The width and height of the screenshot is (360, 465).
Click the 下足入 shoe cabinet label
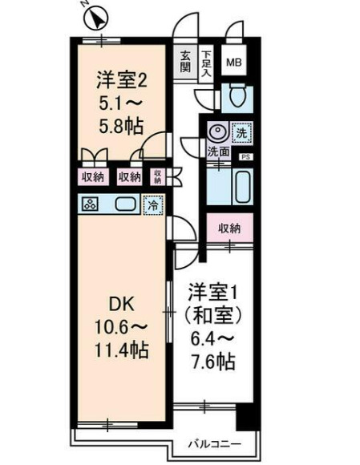pos(207,62)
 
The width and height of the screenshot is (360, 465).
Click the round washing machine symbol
pos(216,131)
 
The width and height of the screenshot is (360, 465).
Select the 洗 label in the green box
pos(240,131)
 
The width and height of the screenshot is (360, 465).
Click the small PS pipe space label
pos(246,158)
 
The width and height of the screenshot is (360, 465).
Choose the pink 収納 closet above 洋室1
pos(230,228)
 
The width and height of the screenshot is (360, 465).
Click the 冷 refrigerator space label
pos(151,204)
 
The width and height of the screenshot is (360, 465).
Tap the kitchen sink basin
pos(124,204)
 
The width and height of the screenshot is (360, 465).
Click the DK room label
pos(121,305)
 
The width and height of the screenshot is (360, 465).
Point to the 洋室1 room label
pos(212,289)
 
